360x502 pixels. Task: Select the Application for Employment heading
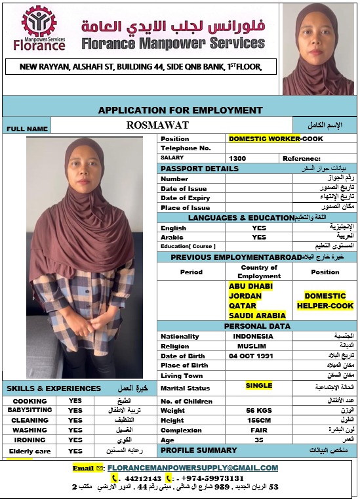click(x=180, y=110)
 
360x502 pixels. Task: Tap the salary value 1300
click(x=237, y=158)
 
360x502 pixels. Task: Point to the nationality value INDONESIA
click(x=252, y=336)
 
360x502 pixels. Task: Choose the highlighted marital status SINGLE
click(x=259, y=386)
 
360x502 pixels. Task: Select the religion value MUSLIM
click(x=252, y=346)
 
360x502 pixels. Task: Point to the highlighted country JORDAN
click(x=245, y=296)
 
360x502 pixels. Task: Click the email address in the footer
click(x=192, y=468)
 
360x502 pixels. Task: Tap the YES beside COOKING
click(x=75, y=401)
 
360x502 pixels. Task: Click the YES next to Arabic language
click(x=259, y=237)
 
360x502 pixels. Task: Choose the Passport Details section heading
click(x=191, y=169)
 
